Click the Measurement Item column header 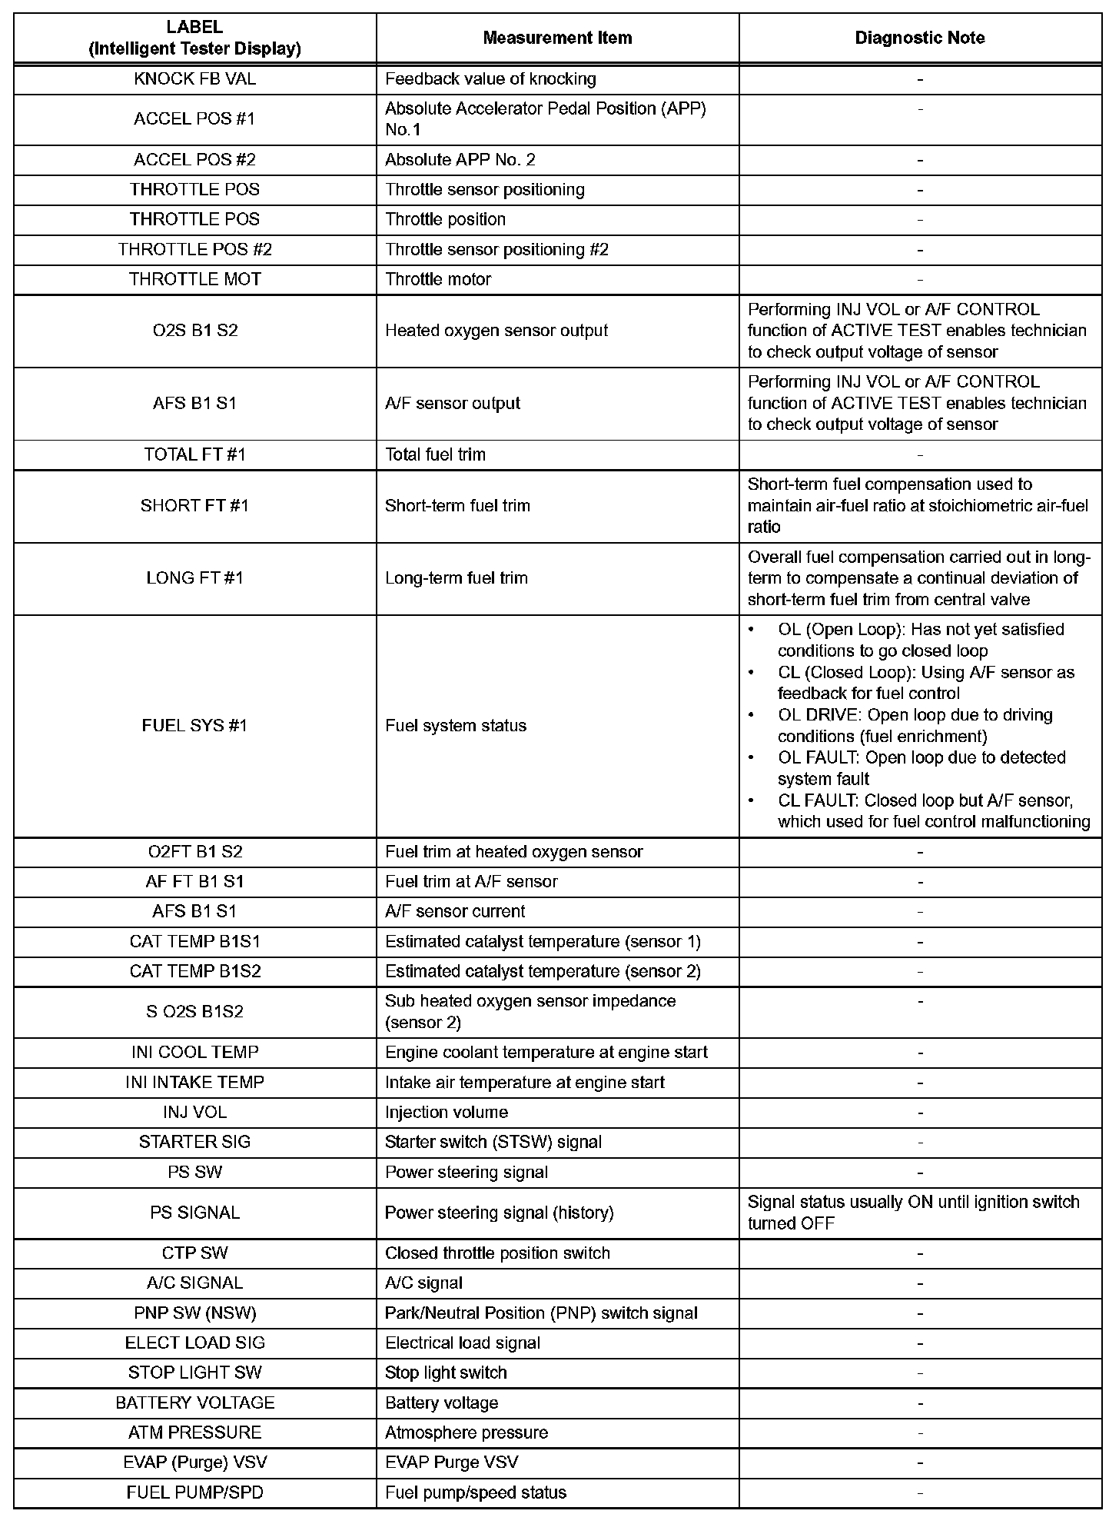click(x=557, y=38)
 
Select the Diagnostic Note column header click(x=919, y=38)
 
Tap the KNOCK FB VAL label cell click(x=194, y=78)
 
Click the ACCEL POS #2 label click(x=194, y=160)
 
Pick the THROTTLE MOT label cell click(x=194, y=279)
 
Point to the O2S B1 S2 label click(x=194, y=331)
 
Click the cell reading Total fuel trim click(x=435, y=454)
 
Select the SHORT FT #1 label click(x=194, y=506)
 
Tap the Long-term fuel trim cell click(x=457, y=578)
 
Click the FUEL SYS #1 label click(x=194, y=726)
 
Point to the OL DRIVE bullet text click(x=915, y=725)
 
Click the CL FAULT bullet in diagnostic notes click(x=933, y=811)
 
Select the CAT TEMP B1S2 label click(x=194, y=971)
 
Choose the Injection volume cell click(x=447, y=1112)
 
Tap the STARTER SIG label click(x=194, y=1142)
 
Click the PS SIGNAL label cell click(x=194, y=1213)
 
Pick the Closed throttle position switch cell click(x=497, y=1253)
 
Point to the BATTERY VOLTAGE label click(x=194, y=1403)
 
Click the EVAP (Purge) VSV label click(x=194, y=1462)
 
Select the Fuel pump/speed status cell click(x=476, y=1492)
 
